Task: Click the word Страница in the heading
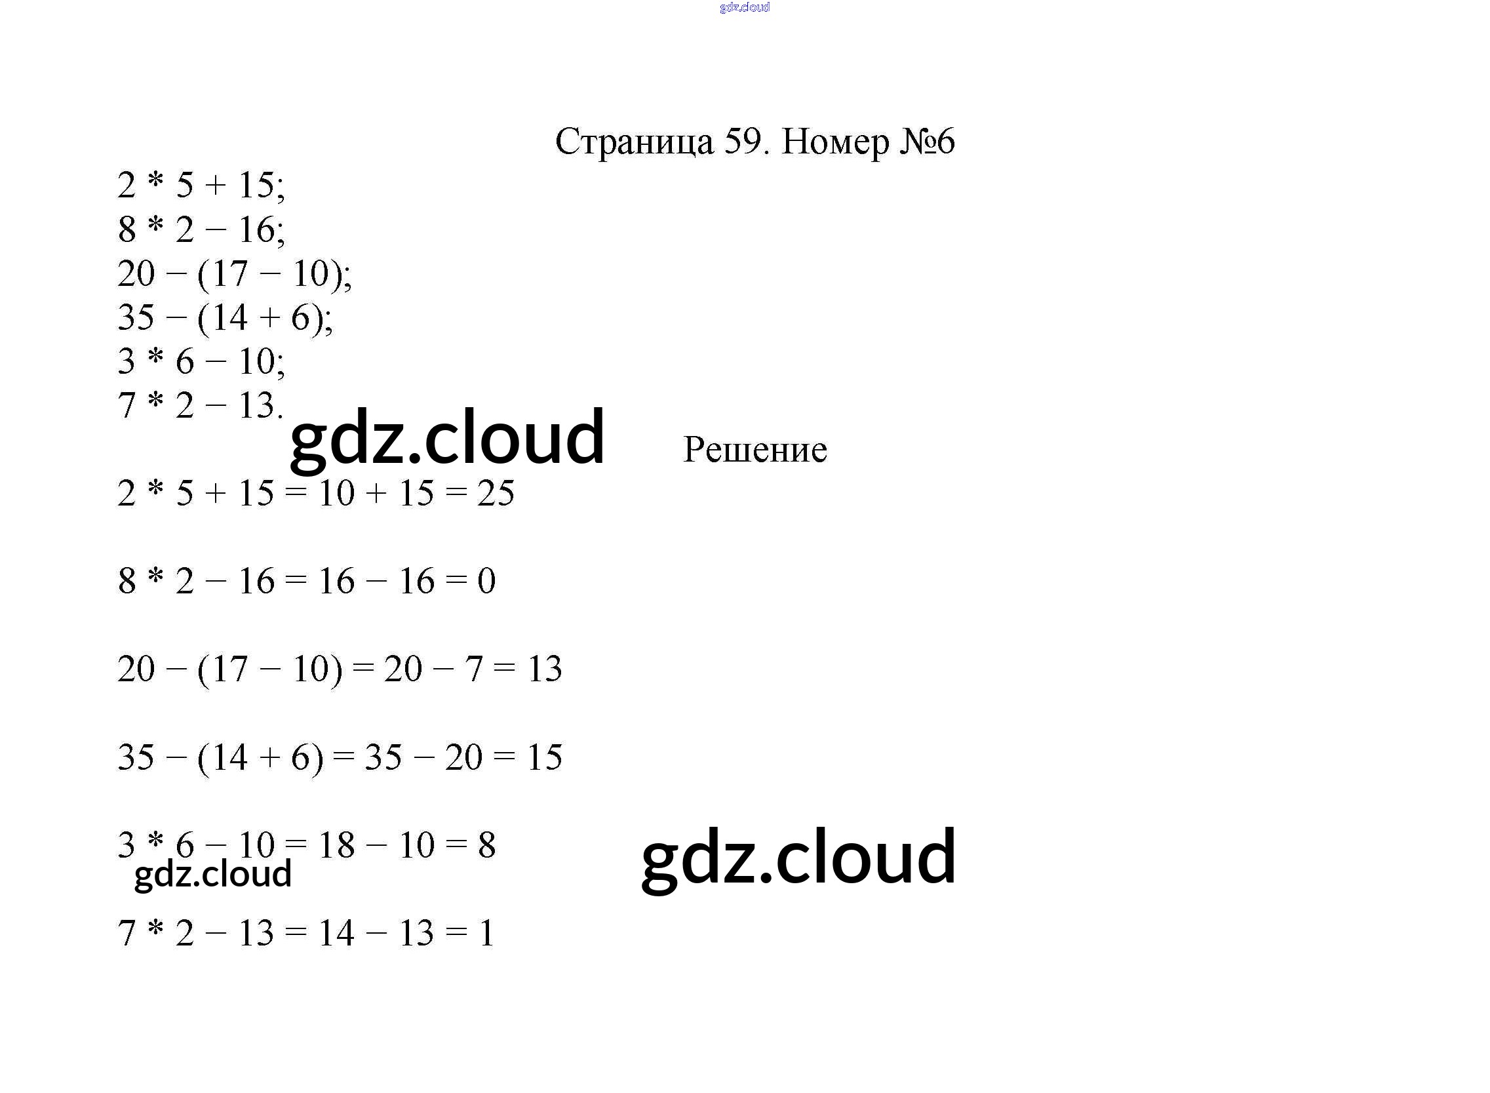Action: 635,142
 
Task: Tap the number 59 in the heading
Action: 742,142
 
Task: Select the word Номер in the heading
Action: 835,142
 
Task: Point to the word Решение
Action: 755,450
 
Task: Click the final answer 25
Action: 496,494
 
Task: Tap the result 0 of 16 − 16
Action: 486,581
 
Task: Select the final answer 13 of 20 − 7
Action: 544,669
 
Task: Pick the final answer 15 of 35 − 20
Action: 544,757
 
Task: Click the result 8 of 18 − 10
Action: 487,845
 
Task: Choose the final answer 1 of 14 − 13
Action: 487,934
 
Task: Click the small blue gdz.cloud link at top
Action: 745,7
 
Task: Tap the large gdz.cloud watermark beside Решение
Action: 447,437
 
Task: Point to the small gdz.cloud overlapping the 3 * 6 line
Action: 212,874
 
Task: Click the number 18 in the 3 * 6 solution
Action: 336,845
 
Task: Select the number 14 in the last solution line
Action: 336,934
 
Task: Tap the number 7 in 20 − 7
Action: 473,669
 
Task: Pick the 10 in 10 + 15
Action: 336,494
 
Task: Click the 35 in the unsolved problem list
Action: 136,317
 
